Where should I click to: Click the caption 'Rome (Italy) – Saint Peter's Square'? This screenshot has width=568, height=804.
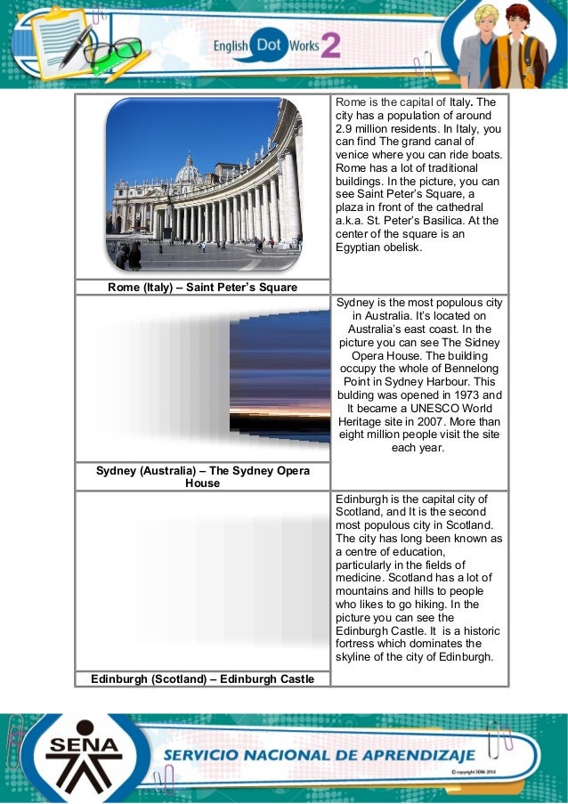coord(202,287)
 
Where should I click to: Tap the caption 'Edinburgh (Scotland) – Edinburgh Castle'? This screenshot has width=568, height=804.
coord(202,679)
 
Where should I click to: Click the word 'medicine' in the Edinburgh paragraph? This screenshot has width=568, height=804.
coord(361,578)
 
